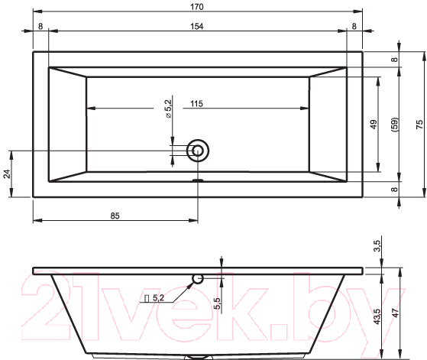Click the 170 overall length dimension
[x=197, y=7]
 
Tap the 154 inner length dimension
[x=197, y=27]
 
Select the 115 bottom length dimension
[x=196, y=104]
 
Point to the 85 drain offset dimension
[x=115, y=216]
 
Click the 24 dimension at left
[x=7, y=174]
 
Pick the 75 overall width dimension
[x=419, y=125]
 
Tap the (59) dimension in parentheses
[x=395, y=125]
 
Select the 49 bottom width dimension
[x=374, y=125]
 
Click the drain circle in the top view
[x=198, y=151]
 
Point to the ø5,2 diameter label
[x=168, y=109]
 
